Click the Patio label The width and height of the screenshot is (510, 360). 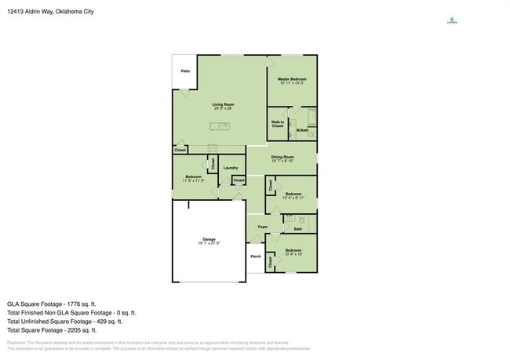click(x=185, y=71)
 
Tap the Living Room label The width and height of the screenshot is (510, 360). click(x=223, y=105)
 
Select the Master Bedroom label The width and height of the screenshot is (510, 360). click(x=292, y=80)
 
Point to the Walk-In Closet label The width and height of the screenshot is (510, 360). click(x=278, y=124)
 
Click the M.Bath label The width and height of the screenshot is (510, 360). click(x=302, y=130)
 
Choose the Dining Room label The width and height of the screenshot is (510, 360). click(x=282, y=158)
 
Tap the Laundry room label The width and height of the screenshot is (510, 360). click(x=230, y=168)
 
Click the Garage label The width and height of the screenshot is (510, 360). click(x=209, y=240)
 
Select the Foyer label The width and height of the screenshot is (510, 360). click(x=262, y=227)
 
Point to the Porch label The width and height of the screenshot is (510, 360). click(x=256, y=256)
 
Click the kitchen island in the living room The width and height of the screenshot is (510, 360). click(x=220, y=125)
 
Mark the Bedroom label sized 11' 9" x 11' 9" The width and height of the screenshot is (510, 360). click(x=193, y=178)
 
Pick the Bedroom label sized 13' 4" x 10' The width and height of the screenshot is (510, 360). click(x=293, y=252)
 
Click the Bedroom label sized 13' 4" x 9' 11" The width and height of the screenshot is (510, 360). click(x=293, y=195)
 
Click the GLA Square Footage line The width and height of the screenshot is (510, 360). click(x=52, y=304)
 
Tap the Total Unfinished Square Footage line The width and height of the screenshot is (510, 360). click(x=64, y=322)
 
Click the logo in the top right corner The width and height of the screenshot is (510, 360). click(x=452, y=21)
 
